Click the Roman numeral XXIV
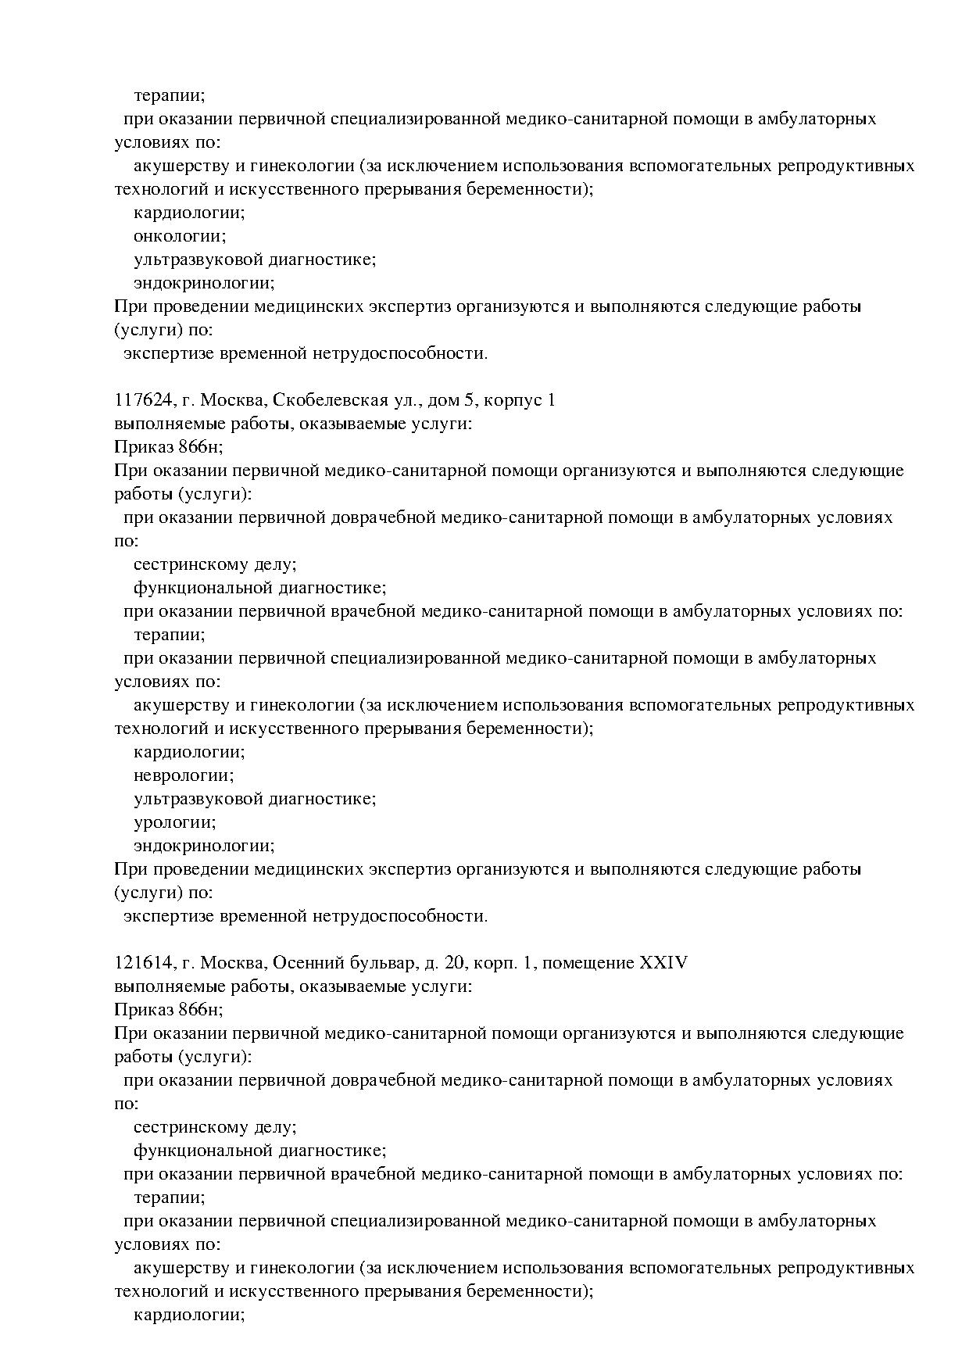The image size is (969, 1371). point(663,963)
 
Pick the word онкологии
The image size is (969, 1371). point(180,236)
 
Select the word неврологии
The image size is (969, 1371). point(184,775)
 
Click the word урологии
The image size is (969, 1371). point(175,822)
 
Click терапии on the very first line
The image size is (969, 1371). point(169,95)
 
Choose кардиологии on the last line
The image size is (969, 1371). point(189,1315)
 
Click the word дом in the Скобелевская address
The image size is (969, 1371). point(452,400)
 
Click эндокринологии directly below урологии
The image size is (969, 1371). point(204,846)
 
